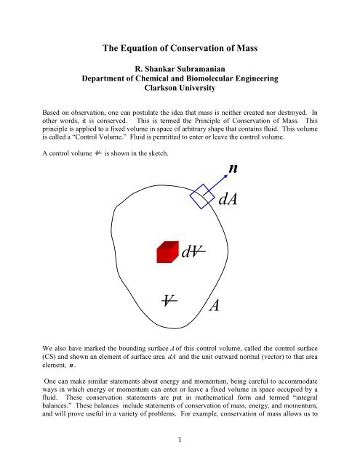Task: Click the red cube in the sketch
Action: (167, 252)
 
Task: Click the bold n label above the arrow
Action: (232, 169)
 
